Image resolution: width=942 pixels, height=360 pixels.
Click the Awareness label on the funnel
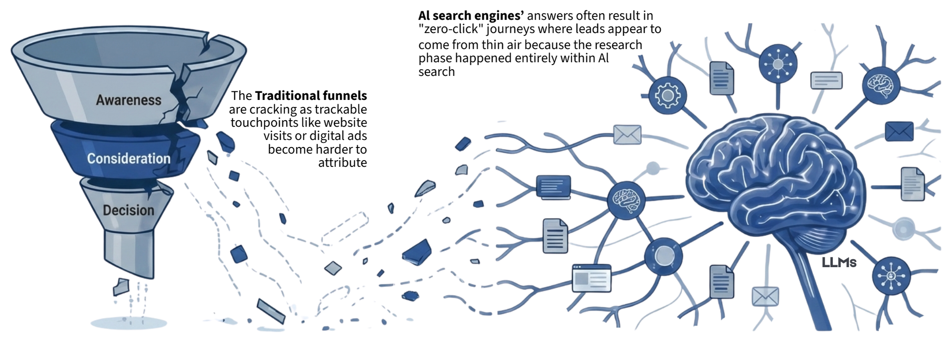[x=128, y=100]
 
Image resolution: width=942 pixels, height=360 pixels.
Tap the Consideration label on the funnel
[x=128, y=158]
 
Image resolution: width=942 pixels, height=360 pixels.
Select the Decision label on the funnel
[x=128, y=210]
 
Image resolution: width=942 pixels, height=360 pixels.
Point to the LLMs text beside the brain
[x=839, y=262]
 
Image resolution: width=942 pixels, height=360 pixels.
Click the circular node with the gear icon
[x=667, y=96]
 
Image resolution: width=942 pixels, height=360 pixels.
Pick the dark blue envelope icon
[x=899, y=131]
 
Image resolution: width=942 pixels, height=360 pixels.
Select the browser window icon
[x=592, y=278]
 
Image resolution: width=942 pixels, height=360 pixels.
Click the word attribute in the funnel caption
[x=342, y=163]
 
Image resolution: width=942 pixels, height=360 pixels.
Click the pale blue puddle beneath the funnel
[x=129, y=323]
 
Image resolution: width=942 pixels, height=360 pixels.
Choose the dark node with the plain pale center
[x=664, y=256]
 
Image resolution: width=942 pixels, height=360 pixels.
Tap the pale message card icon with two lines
[x=826, y=80]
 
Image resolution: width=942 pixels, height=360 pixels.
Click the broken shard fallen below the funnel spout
[x=122, y=286]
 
